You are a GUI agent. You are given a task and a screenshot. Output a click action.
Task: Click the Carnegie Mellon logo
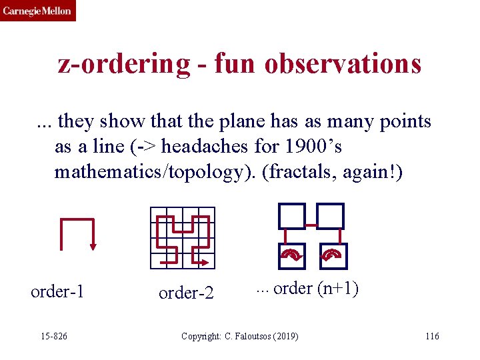[x=37, y=11]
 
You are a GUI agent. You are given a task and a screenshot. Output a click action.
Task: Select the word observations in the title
[x=343, y=64]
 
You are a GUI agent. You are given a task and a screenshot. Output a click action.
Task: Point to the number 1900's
[x=316, y=145]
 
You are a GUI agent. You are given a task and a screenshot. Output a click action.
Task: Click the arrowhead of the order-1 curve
[x=93, y=246]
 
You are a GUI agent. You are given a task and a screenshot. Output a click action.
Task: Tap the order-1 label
[x=57, y=292]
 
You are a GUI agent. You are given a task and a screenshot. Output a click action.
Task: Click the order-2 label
[x=186, y=293]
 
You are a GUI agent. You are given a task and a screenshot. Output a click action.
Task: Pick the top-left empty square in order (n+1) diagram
[x=291, y=216]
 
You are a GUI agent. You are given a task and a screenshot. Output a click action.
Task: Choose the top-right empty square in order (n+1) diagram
[x=330, y=216]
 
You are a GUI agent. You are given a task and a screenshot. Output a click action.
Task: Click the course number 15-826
[x=54, y=335]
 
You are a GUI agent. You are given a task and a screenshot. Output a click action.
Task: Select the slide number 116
[x=432, y=335]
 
